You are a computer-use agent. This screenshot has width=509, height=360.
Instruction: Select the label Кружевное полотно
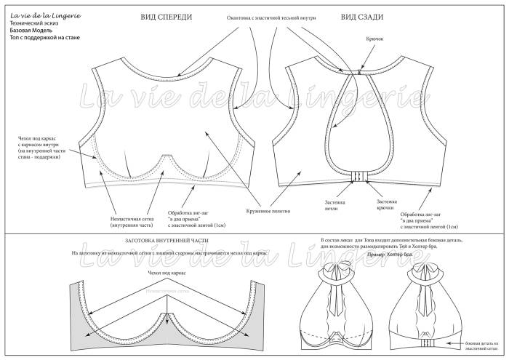[x=269, y=211]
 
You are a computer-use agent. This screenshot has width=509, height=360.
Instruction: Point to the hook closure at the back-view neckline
[x=359, y=72]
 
